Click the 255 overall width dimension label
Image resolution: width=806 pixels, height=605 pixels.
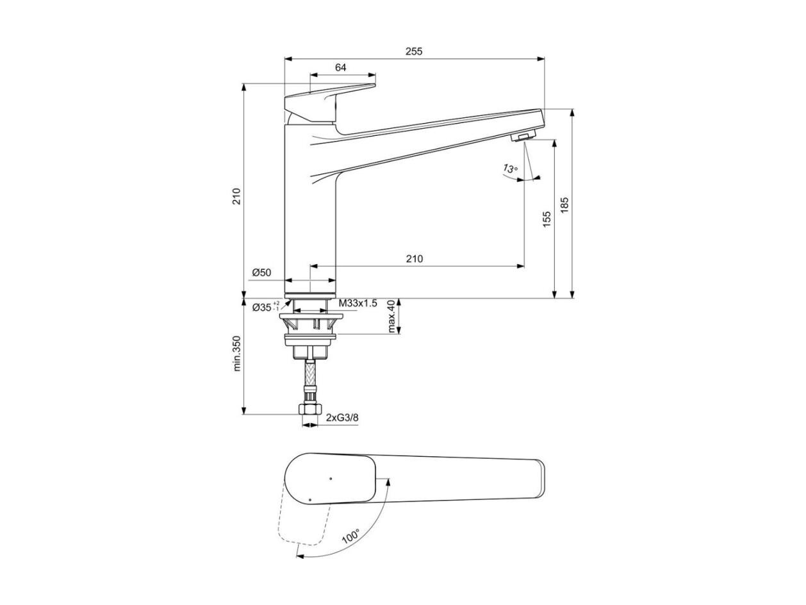click(x=413, y=51)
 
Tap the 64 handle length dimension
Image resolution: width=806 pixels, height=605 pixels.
click(x=340, y=67)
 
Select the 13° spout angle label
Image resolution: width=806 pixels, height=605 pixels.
click(x=510, y=169)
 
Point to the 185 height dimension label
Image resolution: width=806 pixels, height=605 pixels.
click(x=564, y=204)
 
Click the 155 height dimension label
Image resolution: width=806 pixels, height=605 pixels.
click(x=547, y=219)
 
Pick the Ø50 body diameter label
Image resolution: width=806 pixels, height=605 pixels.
click(x=261, y=272)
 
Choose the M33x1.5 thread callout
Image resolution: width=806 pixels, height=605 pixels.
click(x=358, y=303)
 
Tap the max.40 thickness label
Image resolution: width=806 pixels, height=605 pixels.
click(x=392, y=316)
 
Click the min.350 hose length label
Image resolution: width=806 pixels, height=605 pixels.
click(x=237, y=353)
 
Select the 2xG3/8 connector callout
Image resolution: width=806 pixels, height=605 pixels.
click(x=342, y=417)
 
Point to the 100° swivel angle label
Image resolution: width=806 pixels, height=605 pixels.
click(x=350, y=536)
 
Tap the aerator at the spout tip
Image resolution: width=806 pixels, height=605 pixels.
click(x=523, y=136)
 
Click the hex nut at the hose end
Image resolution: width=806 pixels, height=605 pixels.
click(x=311, y=408)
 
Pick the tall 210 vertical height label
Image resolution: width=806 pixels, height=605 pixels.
click(x=237, y=196)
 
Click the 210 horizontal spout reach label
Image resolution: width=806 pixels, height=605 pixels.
click(x=414, y=259)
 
